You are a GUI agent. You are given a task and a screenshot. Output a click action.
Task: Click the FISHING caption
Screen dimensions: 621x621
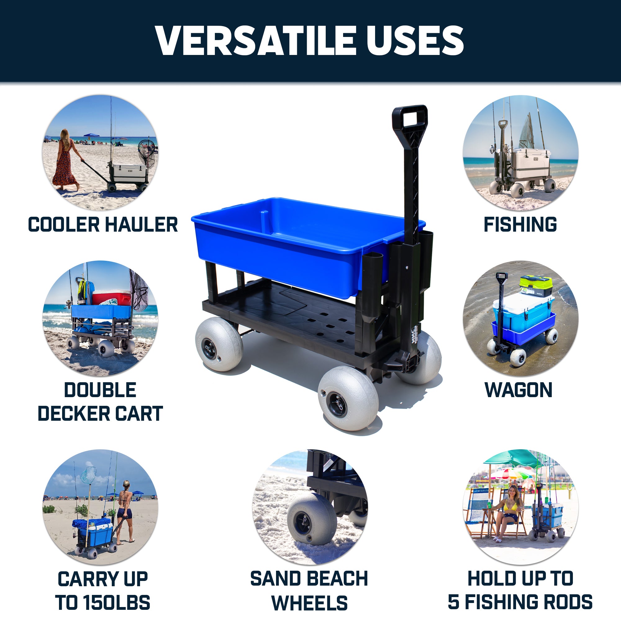point(520,224)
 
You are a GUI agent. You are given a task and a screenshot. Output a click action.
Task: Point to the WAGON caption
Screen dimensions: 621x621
point(519,390)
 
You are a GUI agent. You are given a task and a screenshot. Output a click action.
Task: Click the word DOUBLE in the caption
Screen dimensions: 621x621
point(100,390)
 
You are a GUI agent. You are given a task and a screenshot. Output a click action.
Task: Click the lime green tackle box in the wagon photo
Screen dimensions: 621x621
point(536,286)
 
